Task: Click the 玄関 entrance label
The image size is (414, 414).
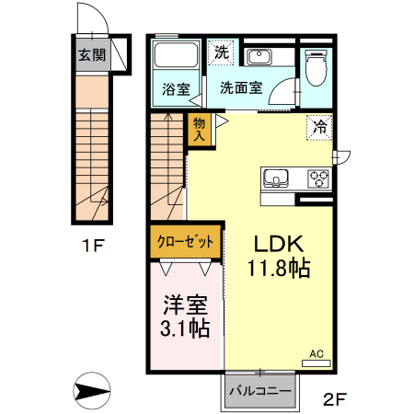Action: pyautogui.click(x=91, y=54)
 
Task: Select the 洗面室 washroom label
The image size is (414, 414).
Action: pyautogui.click(x=241, y=90)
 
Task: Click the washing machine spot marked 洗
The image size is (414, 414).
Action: pyautogui.click(x=222, y=52)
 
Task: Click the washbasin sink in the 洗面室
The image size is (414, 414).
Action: pyautogui.click(x=259, y=57)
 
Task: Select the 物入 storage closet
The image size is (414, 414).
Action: pyautogui.click(x=199, y=128)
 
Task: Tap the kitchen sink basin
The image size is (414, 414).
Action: pyautogui.click(x=276, y=178)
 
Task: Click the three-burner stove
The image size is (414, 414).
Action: pyautogui.click(x=318, y=178)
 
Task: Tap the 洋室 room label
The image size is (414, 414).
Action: pyautogui.click(x=186, y=305)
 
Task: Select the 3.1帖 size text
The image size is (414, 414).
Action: pyautogui.click(x=186, y=328)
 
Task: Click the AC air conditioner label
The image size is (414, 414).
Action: pyautogui.click(x=316, y=353)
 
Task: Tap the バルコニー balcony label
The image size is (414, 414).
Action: pyautogui.click(x=260, y=391)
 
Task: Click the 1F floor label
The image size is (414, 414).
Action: pyautogui.click(x=91, y=247)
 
